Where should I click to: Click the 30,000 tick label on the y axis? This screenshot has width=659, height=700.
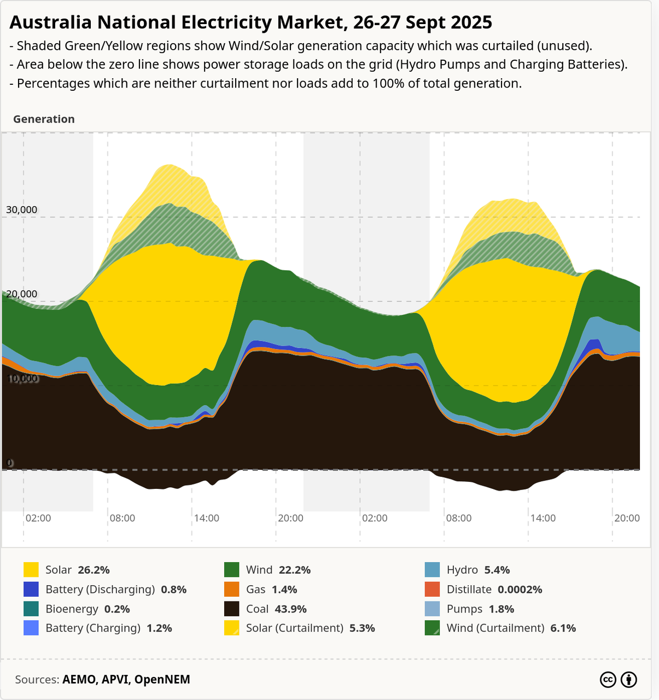tap(21, 210)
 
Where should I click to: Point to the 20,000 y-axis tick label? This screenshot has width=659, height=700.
tap(21, 294)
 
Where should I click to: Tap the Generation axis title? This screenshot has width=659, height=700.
tap(44, 119)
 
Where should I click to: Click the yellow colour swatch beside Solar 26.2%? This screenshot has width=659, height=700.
tap(31, 570)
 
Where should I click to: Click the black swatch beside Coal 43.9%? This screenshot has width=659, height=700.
tap(232, 609)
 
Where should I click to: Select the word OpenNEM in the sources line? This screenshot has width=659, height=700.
tap(162, 680)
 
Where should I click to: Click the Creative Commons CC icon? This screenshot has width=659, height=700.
tap(608, 680)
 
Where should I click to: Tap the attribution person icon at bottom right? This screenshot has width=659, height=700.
tap(629, 680)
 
